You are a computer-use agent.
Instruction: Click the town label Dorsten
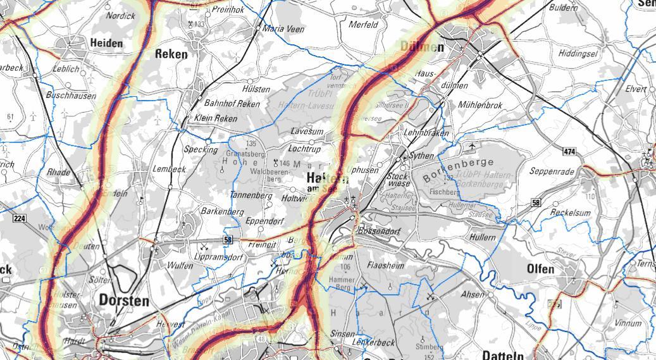124,301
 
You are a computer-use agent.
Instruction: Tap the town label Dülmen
423,47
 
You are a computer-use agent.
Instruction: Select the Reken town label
171,54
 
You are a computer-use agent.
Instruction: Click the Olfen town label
540,269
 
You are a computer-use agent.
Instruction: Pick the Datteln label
503,354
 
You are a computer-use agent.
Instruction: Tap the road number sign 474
569,152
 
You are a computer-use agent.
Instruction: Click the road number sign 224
19,218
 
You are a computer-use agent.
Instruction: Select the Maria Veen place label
283,29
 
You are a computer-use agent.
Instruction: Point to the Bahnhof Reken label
231,104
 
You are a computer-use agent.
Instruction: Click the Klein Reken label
216,118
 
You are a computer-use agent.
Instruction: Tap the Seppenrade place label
552,171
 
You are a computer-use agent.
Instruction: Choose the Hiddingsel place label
578,54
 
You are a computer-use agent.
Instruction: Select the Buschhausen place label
71,96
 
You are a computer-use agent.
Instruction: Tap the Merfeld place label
363,25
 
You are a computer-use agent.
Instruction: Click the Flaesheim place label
385,266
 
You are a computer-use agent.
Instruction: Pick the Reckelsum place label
570,213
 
